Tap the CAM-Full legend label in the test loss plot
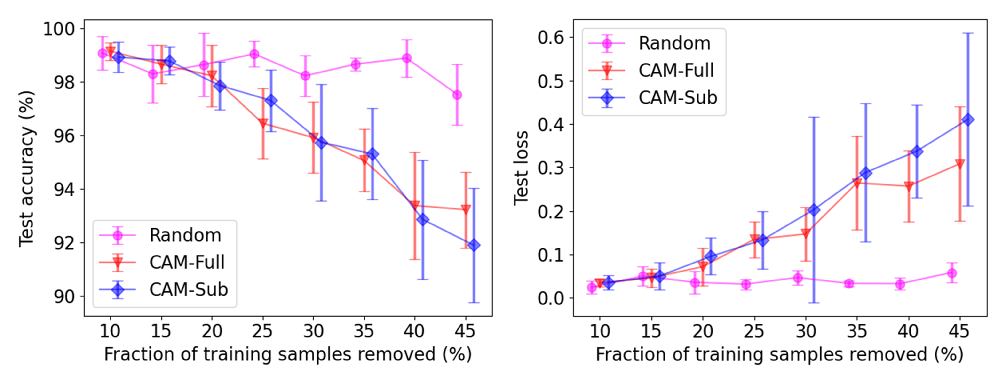click(x=676, y=70)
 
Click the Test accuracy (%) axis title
click(x=27, y=169)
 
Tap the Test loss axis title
click(x=521, y=168)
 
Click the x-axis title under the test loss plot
click(x=779, y=355)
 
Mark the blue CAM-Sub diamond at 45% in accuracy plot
click(x=474, y=245)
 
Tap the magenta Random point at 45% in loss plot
click(x=952, y=273)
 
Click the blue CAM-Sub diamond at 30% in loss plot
click(x=814, y=210)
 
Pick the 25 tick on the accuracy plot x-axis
click(x=262, y=331)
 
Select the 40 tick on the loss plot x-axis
click(x=908, y=331)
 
